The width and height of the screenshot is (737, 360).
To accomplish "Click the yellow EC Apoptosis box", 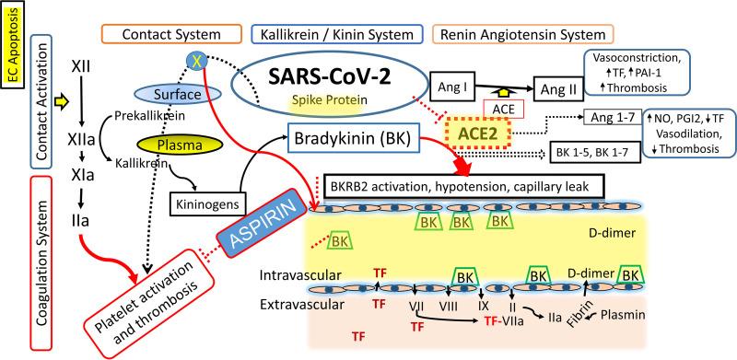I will tap(13, 44).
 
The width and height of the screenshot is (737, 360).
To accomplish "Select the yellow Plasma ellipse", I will tap(181, 144).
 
